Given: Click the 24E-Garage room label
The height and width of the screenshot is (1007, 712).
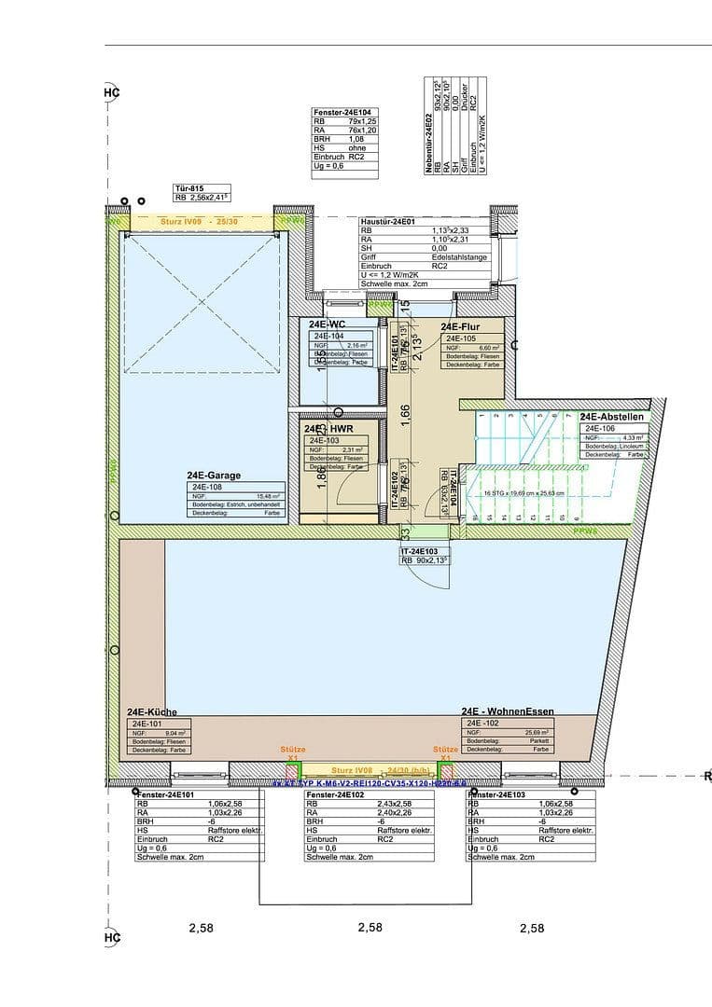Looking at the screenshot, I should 213,475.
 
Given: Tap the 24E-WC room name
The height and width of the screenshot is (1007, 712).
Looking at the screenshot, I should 328,324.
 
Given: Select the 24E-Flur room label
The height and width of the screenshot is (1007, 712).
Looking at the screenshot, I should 459,326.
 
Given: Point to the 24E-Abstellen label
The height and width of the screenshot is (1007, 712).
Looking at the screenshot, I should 611,417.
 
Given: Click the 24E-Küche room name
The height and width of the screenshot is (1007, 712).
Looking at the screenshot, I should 151,711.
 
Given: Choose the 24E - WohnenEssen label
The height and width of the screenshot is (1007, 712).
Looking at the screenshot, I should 508,710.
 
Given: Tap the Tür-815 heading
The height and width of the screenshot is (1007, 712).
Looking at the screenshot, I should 189,187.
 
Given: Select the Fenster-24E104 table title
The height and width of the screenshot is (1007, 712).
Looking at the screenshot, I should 342,112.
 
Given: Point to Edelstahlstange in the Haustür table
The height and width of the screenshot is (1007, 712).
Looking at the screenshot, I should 459,256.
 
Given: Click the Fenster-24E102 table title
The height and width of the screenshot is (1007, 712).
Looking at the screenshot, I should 336,793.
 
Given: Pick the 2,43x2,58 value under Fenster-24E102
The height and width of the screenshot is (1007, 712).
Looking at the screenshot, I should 396,803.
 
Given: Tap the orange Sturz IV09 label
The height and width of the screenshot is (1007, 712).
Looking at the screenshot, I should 185,221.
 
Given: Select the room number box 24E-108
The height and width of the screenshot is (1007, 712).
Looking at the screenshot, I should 207,486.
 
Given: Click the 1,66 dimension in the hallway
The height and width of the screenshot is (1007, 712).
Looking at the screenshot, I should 406,413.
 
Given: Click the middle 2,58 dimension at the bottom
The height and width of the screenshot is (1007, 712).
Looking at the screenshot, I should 370,928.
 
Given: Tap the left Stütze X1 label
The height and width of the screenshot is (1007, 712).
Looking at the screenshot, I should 292,753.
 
